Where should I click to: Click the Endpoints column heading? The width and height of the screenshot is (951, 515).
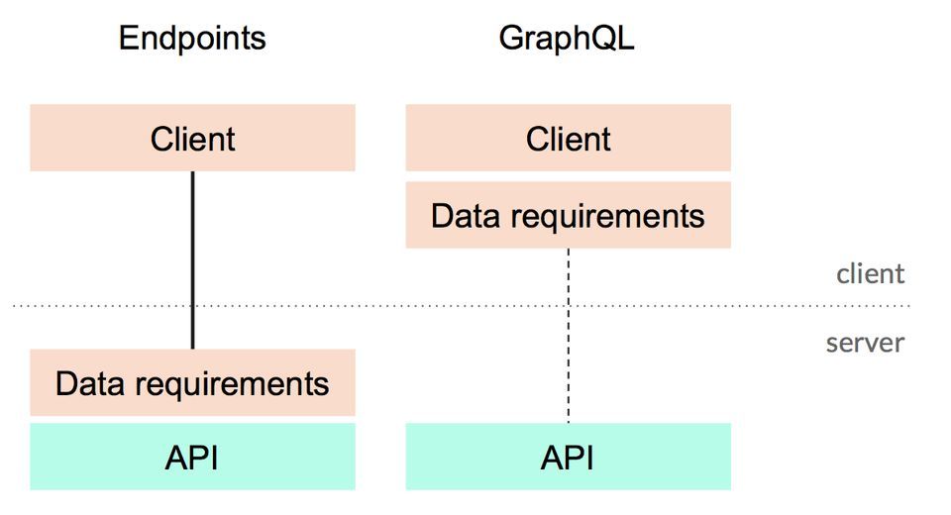192,39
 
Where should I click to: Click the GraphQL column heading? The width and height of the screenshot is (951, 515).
567,39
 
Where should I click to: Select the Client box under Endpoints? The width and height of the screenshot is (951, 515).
99,139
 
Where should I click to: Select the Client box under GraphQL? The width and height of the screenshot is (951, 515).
466,139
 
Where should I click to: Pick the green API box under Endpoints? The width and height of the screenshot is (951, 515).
99,457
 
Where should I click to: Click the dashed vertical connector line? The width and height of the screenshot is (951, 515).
568,337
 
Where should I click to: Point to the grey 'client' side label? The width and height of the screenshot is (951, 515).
870,274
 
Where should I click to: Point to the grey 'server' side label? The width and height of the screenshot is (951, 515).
865,344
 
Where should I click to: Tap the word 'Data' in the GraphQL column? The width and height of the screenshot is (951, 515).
463,216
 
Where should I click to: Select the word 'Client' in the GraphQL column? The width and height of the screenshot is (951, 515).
568,139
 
